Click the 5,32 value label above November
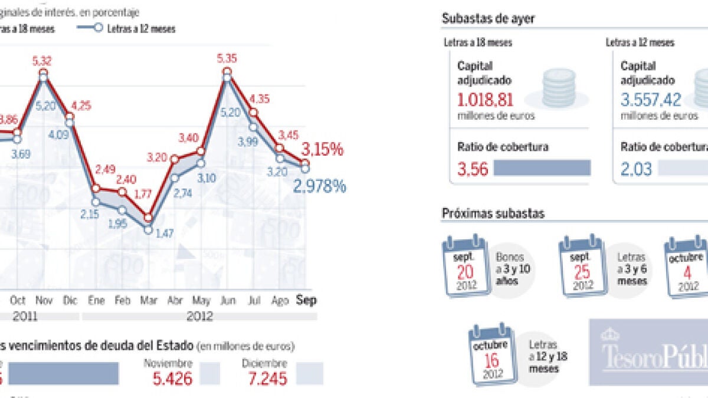click(43, 61)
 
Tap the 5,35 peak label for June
click(227, 58)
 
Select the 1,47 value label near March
click(165, 234)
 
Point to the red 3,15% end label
click(323, 149)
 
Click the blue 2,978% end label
click(319, 187)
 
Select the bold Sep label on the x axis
click(306, 300)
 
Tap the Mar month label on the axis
click(148, 300)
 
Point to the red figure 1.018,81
click(486, 98)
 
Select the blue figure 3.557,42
click(651, 98)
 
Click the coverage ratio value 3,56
click(473, 169)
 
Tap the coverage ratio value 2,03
click(636, 169)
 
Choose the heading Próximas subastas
click(493, 213)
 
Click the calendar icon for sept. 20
click(465, 267)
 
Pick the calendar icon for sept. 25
click(582, 267)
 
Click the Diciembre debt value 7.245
click(267, 378)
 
